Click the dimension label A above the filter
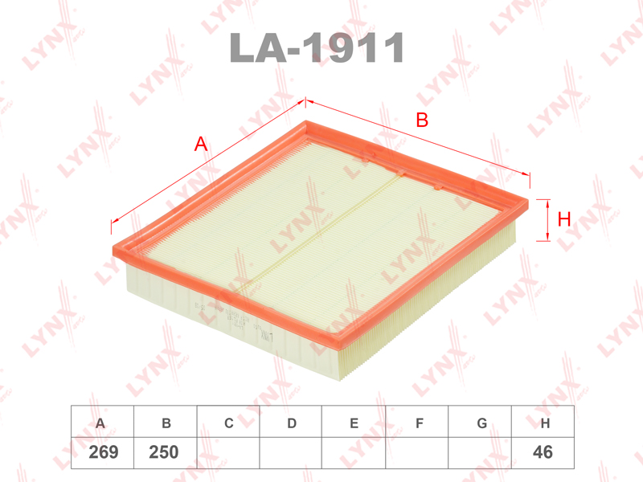coord(201,145)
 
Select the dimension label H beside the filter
coord(564,219)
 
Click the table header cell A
coord(100,423)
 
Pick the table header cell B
coord(166,423)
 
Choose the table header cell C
coord(229,423)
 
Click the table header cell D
coord(292,423)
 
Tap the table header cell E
coord(354,423)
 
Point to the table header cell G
coord(481,423)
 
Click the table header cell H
coord(544,423)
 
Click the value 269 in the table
coord(103,452)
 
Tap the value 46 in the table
coord(543,452)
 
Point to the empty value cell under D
coord(292,452)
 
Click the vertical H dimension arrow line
coord(547,219)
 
